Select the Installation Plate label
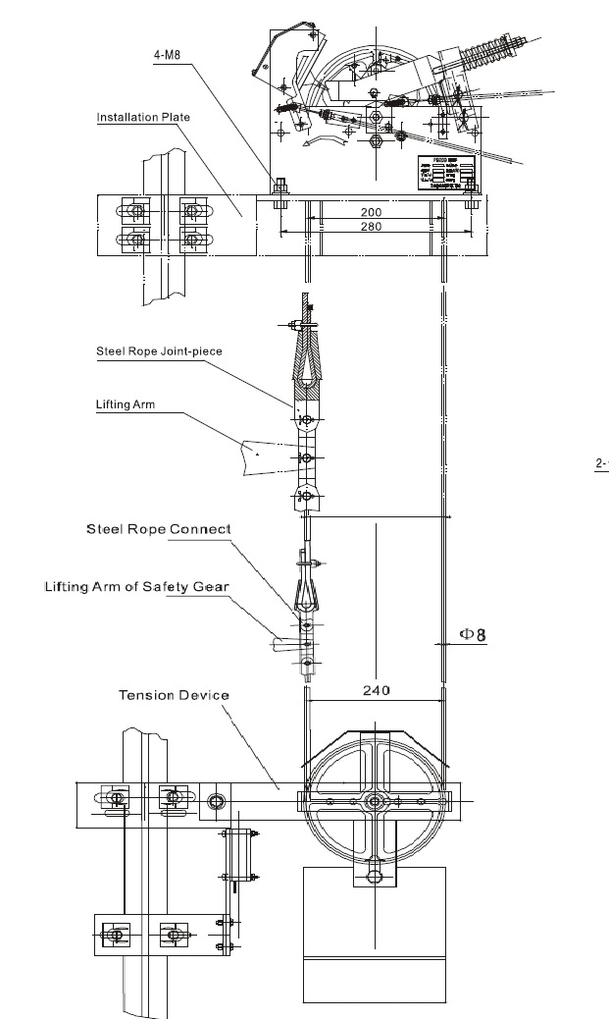tap(143, 118)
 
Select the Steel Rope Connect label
tap(158, 529)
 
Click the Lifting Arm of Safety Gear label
tap(136, 587)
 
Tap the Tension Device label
tap(174, 695)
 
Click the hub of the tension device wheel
tap(375, 802)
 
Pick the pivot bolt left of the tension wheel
tap(215, 802)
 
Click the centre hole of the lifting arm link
tap(308, 456)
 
